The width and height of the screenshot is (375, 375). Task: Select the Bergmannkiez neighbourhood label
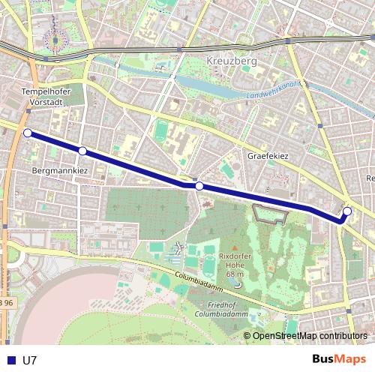(x=61, y=171)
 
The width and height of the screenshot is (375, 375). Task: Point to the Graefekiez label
(x=268, y=157)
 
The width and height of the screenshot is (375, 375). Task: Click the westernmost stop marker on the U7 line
(x=28, y=133)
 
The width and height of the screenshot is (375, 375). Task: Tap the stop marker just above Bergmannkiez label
(x=82, y=151)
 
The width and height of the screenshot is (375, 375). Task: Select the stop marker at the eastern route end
(x=347, y=211)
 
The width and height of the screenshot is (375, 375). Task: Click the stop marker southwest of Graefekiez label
(x=199, y=186)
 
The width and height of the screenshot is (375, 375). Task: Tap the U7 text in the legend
(x=29, y=360)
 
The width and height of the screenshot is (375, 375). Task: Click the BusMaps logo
(x=339, y=359)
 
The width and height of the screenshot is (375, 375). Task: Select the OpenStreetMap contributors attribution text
(x=310, y=335)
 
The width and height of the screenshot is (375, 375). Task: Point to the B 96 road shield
(x=6, y=302)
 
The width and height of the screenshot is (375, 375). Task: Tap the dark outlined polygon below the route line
(x=271, y=214)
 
